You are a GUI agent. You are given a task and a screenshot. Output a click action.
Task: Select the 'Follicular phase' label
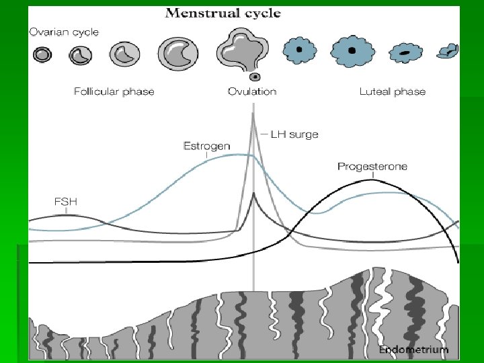(114, 91)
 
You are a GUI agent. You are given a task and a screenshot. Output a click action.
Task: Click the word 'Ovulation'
(252, 91)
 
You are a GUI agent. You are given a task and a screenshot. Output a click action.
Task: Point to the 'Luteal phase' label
(392, 91)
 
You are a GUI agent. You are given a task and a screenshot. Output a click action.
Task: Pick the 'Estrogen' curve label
(206, 145)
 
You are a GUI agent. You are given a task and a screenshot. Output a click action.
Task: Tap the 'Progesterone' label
(372, 166)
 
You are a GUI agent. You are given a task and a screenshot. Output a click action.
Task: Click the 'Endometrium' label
(413, 350)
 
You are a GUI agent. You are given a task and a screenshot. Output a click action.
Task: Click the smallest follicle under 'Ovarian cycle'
(42, 54)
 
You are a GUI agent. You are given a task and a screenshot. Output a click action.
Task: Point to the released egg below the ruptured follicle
(254, 77)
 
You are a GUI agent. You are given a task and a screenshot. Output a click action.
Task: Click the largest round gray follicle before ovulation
(177, 51)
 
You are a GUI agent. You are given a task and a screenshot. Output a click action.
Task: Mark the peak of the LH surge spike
(253, 114)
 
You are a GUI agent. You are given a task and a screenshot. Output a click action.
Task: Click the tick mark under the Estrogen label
(206, 155)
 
